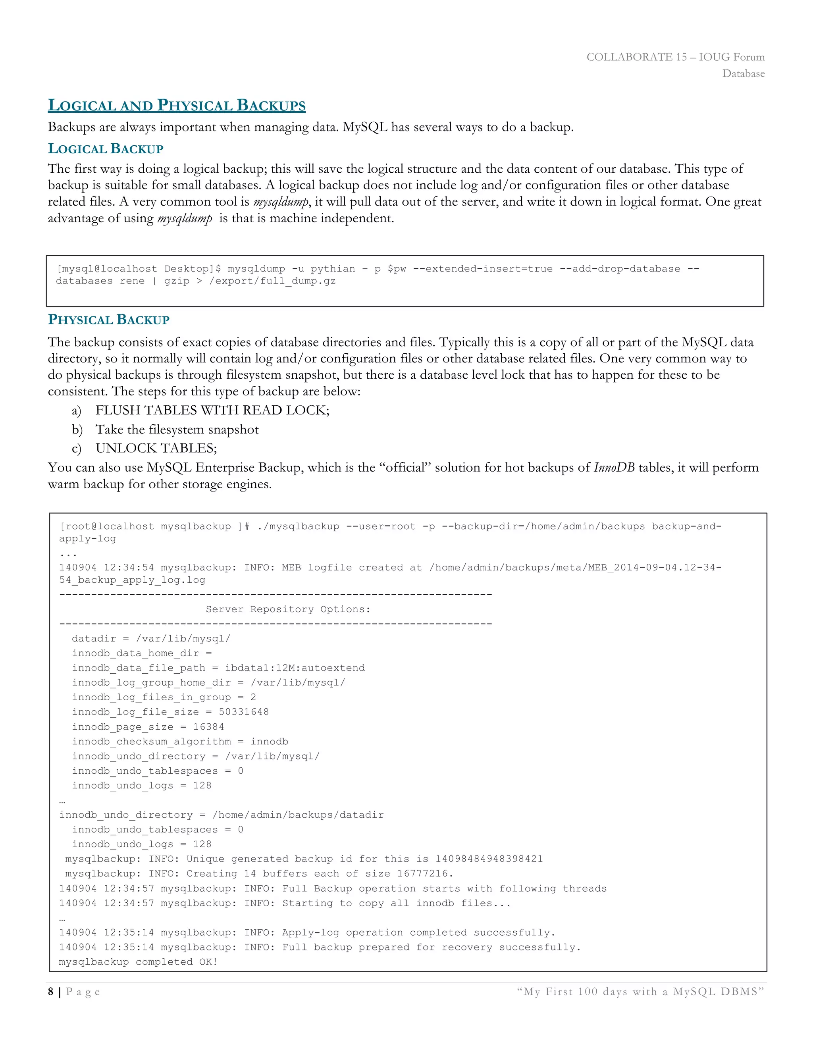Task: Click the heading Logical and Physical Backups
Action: pyautogui.click(x=176, y=106)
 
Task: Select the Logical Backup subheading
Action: pyautogui.click(x=106, y=149)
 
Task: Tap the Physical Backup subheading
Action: pyautogui.click(x=108, y=320)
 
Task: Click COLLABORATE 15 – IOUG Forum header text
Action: pyautogui.click(x=675, y=57)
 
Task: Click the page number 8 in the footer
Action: pyautogui.click(x=50, y=992)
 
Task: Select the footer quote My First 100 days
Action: pyautogui.click(x=640, y=992)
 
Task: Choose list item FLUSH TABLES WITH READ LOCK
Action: pyautogui.click(x=212, y=410)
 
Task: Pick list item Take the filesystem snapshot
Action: pyautogui.click(x=177, y=430)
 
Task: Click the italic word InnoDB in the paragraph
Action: pyautogui.click(x=614, y=468)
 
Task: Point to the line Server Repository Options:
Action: pyautogui.click(x=288, y=609)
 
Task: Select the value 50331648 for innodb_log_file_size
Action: pyautogui.click(x=244, y=712)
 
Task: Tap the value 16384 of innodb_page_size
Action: pyautogui.click(x=208, y=727)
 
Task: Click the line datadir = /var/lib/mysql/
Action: pyautogui.click(x=151, y=639)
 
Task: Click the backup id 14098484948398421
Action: pyautogui.click(x=488, y=859)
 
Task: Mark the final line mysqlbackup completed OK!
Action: pyautogui.click(x=138, y=962)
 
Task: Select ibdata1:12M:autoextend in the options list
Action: pyautogui.click(x=295, y=668)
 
